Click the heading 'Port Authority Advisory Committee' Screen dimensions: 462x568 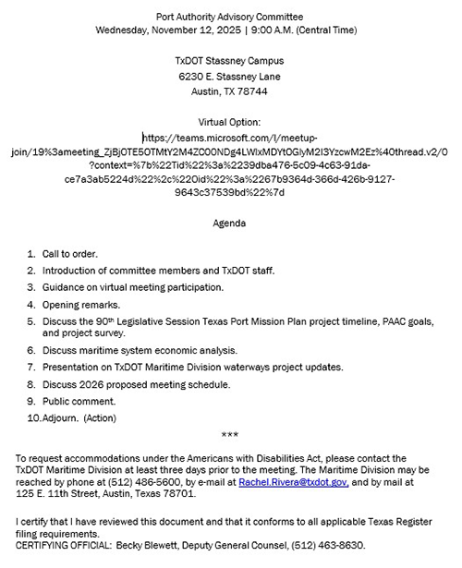tap(230, 17)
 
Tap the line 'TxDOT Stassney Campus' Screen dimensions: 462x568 tap(230, 61)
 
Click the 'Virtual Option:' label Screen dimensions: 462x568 tap(230, 122)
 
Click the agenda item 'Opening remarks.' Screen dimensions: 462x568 tap(82, 303)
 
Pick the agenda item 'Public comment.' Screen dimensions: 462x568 tap(79, 401)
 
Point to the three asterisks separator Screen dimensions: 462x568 tap(230, 434)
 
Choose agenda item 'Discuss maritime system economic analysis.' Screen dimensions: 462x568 tap(139, 351)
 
